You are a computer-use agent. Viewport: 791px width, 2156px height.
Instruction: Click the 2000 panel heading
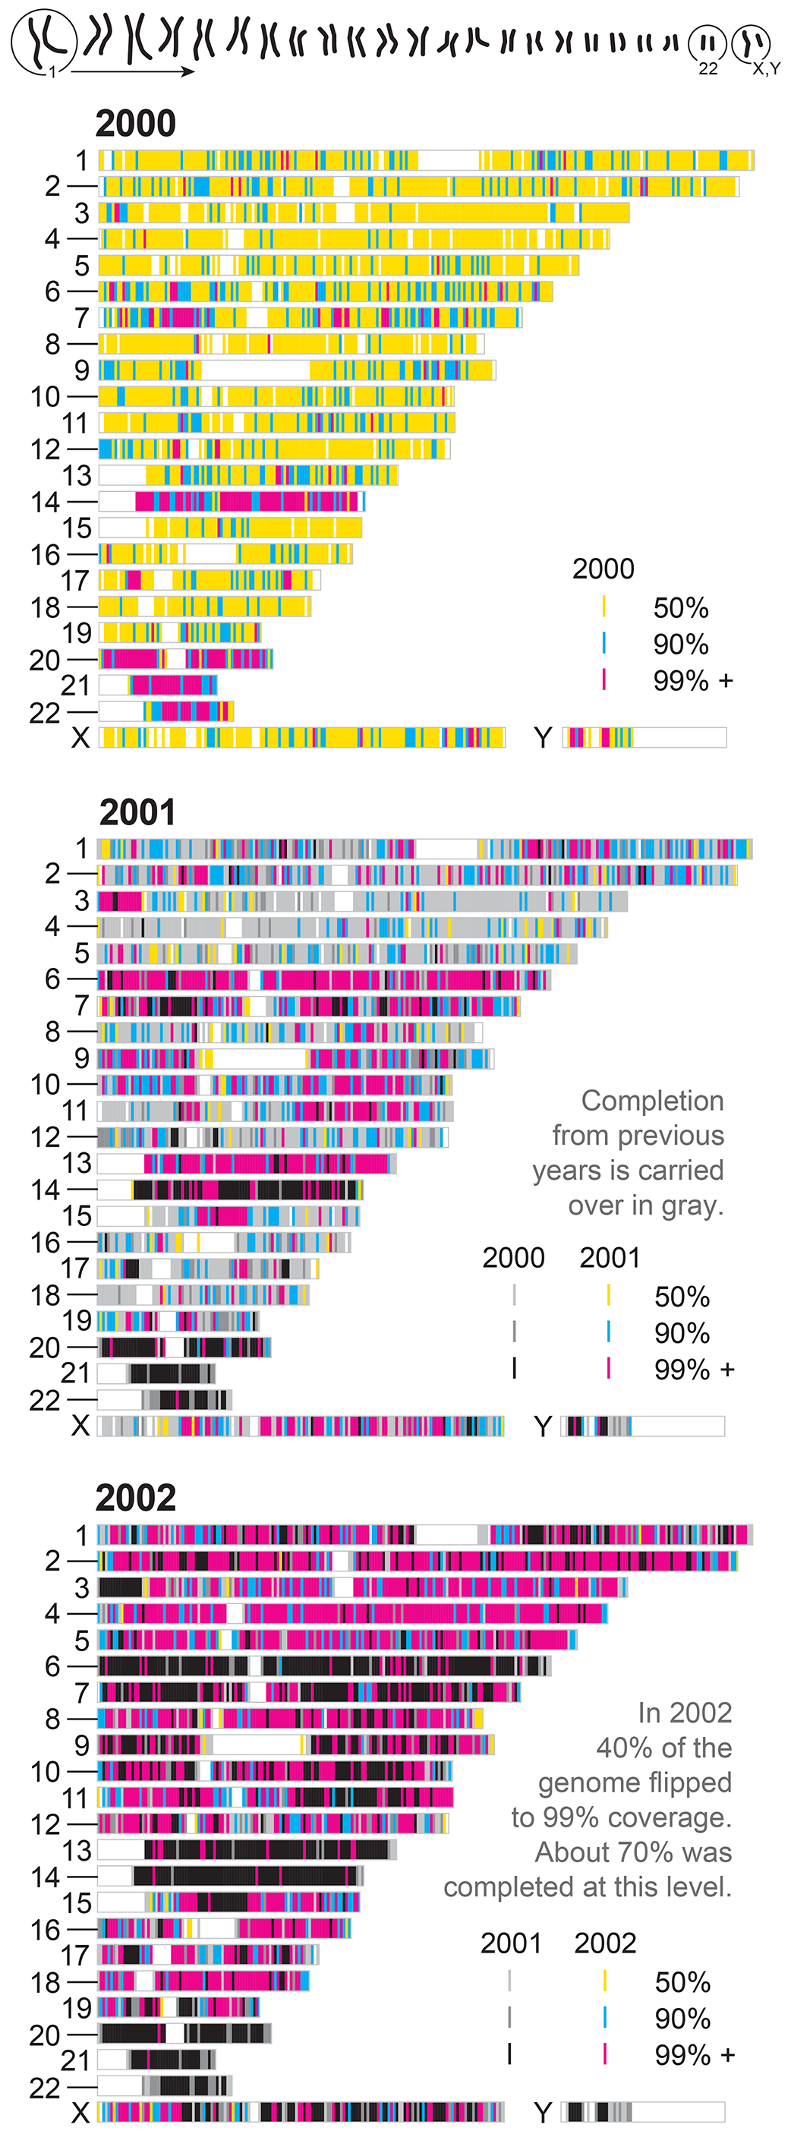[136, 124]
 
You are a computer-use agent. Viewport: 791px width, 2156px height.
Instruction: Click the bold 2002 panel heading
[136, 1498]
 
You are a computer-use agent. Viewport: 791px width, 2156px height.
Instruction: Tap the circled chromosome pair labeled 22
[707, 43]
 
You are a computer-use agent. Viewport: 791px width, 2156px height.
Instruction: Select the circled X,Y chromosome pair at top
[751, 43]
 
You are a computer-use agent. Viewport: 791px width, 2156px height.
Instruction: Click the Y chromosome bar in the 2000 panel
[644, 737]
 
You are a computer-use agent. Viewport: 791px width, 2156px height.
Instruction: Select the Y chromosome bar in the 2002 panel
[642, 2112]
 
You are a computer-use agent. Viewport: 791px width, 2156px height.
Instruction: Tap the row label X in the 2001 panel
[80, 1426]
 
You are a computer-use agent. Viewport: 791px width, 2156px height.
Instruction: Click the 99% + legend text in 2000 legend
[693, 681]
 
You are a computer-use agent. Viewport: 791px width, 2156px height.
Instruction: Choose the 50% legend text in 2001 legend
[682, 1297]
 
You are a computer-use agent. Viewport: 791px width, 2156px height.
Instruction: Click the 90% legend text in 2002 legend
[682, 2019]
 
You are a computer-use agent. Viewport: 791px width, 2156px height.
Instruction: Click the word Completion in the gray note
[652, 1101]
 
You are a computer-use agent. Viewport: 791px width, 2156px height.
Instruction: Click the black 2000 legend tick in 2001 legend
[514, 1369]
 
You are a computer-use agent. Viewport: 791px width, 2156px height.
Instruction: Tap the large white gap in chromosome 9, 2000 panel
[255, 370]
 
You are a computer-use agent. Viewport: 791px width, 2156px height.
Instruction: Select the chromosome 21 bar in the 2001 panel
[156, 1373]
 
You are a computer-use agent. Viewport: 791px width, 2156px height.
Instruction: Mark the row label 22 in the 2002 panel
[46, 2088]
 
